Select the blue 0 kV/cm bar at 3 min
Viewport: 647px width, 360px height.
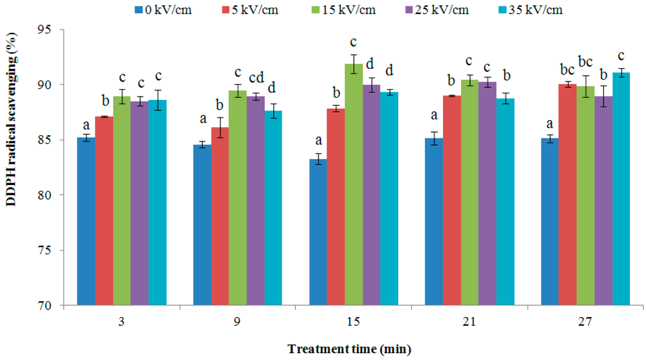(86, 221)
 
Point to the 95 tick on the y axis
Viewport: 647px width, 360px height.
(53, 30)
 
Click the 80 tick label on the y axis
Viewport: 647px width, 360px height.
(53, 195)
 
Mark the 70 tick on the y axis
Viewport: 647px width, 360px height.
(53, 306)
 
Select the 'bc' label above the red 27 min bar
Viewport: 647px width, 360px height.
(567, 68)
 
